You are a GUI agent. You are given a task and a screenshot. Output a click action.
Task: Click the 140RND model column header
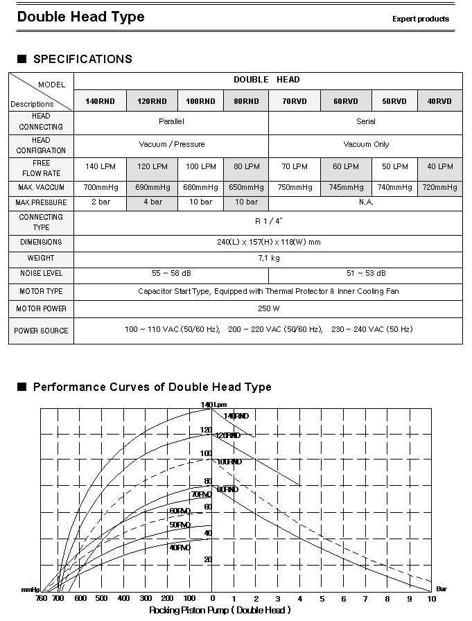coord(100,101)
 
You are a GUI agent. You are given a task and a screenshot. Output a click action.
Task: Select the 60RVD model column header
coord(346,101)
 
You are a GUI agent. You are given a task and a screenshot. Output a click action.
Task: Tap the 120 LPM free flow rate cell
coord(152,167)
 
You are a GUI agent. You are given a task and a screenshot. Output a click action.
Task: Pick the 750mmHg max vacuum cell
coord(295,187)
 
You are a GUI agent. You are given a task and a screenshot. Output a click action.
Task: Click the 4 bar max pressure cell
coord(152,202)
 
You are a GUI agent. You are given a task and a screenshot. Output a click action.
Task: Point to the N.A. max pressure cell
coord(366,202)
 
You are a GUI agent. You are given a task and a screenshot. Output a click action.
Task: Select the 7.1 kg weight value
coord(268,258)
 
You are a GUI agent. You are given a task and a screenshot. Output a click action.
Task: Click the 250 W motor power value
coord(268,308)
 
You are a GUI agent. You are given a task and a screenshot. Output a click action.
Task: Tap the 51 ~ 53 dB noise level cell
coord(366,274)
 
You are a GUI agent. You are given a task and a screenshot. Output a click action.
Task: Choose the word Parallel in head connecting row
coord(171,121)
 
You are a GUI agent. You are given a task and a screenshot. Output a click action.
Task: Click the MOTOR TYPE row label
coord(41,292)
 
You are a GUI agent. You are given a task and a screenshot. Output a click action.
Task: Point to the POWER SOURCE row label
coord(41,331)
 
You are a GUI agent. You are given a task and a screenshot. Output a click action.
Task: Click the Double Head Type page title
coord(80,17)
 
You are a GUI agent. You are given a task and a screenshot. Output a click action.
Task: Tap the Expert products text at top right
coord(421,19)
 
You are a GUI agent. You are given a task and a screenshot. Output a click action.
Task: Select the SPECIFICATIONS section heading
coord(82,59)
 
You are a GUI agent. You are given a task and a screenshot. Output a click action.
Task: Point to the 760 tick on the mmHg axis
coord(40,598)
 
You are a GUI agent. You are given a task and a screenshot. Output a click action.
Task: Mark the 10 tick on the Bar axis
coord(431,598)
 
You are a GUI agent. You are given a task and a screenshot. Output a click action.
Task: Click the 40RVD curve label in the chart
coord(180,548)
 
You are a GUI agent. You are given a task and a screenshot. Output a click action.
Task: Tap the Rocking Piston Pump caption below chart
coord(220,611)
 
